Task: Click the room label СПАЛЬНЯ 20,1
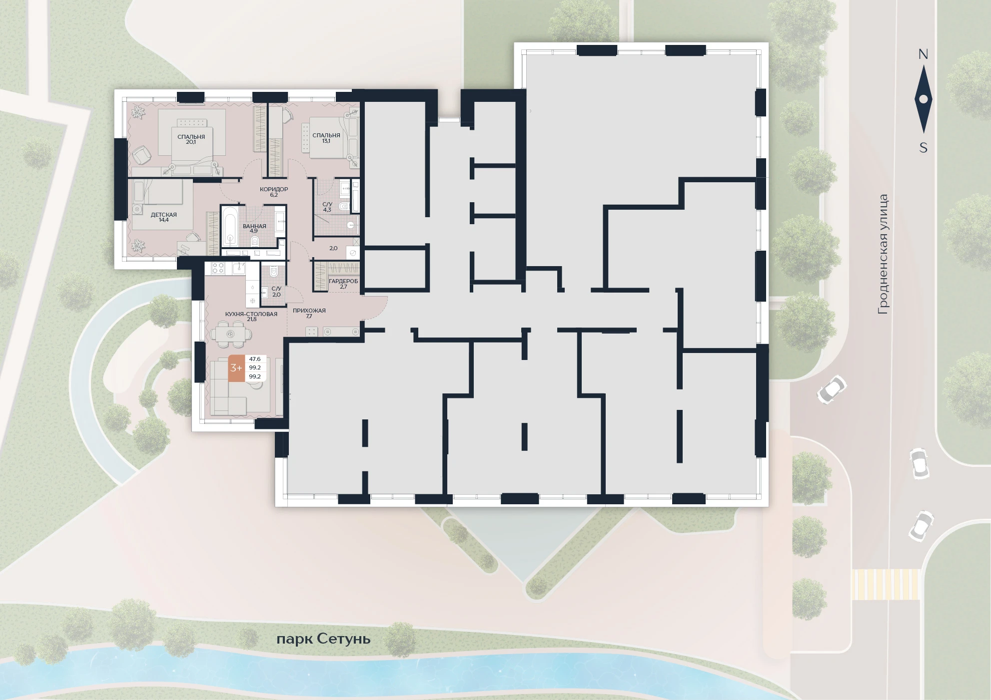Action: pos(191,139)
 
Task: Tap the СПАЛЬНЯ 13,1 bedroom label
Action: pos(326,138)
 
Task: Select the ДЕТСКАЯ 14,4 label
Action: pos(164,217)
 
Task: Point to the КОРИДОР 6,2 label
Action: pos(274,192)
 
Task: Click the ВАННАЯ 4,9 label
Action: pos(254,229)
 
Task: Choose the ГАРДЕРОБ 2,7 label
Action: pos(343,284)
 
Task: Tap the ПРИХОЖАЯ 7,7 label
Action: pos(309,313)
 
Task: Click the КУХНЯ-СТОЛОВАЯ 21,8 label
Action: pos(251,317)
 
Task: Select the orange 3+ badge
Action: pos(236,368)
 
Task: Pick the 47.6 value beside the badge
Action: pos(255,359)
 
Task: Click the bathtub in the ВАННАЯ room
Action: pos(230,227)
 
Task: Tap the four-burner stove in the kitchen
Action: pos(218,269)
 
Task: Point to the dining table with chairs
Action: pos(230,334)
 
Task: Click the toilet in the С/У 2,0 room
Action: pos(273,272)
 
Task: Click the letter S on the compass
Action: pos(924,148)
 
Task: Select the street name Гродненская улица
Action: pos(884,254)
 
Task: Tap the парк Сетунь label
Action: pos(323,639)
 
